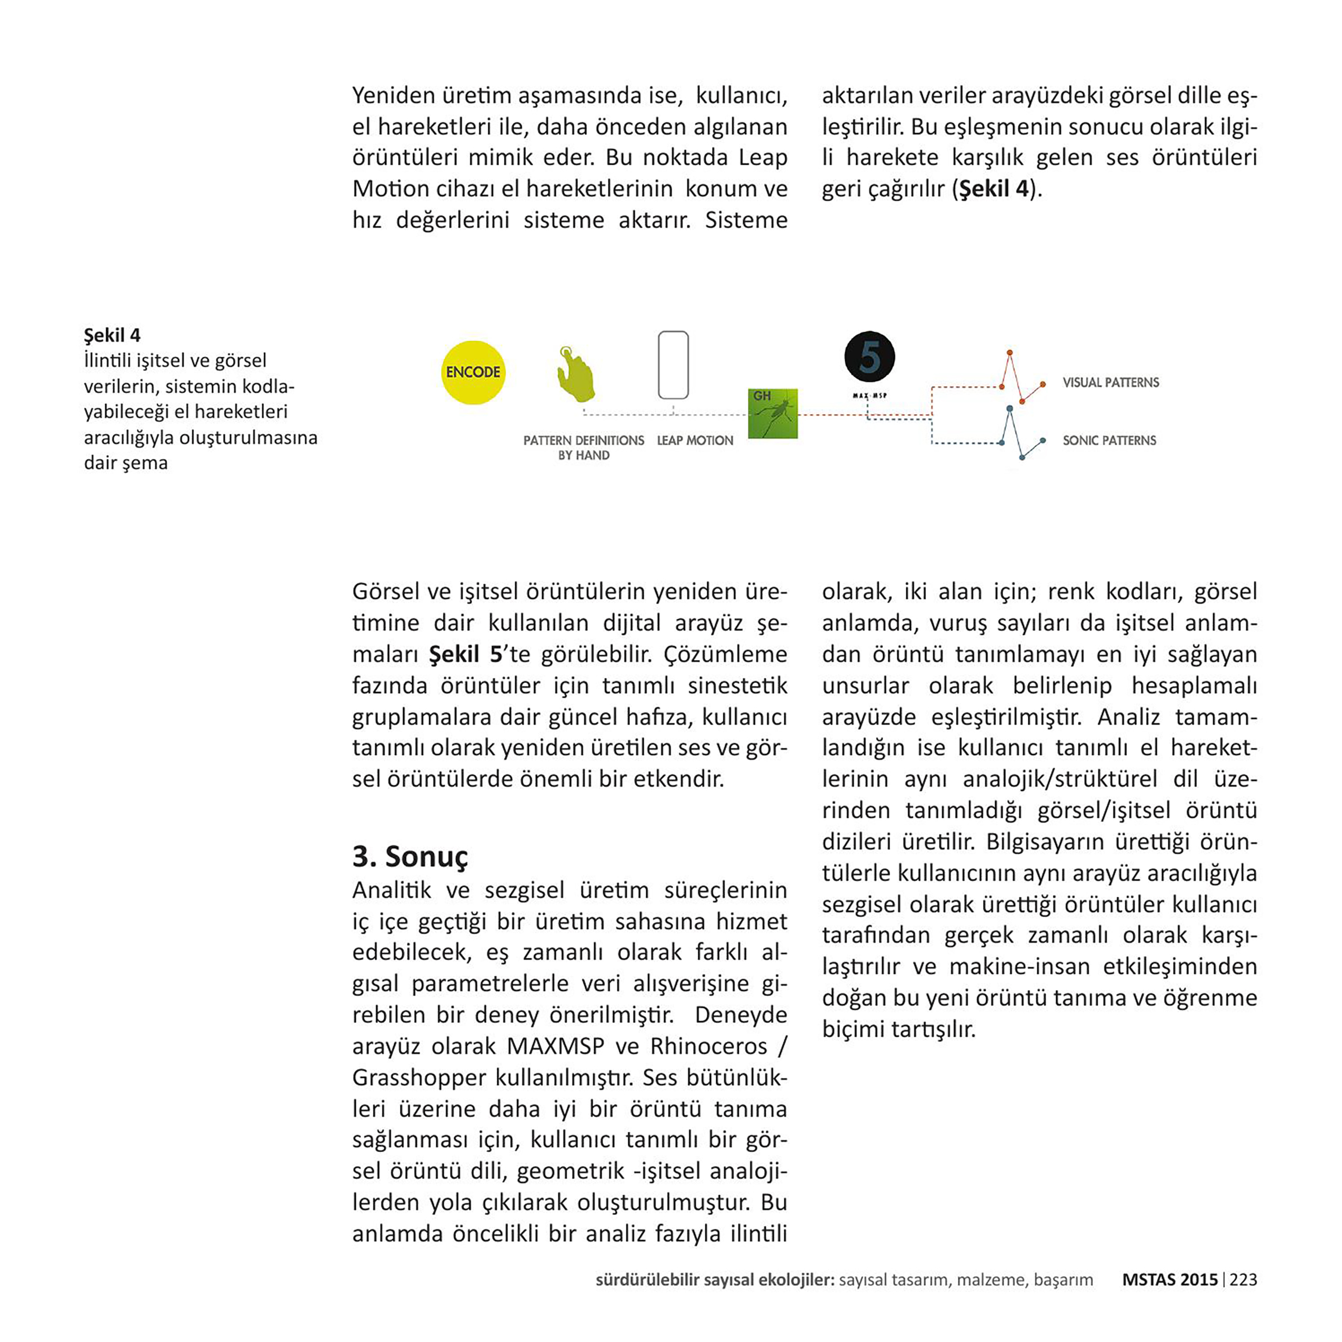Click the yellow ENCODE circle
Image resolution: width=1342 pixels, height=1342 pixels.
pyautogui.click(x=473, y=372)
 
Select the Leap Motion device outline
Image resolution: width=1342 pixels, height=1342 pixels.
pyautogui.click(x=673, y=365)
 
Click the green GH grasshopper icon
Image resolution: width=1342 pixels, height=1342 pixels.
pyautogui.click(x=773, y=413)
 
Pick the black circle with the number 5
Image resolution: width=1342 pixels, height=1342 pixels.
pyautogui.click(x=869, y=357)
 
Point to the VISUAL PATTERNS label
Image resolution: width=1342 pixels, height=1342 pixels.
pyautogui.click(x=1110, y=383)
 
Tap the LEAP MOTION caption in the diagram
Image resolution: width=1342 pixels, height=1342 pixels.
pyautogui.click(x=695, y=440)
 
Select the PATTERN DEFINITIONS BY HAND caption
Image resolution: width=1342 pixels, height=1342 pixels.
pyautogui.click(x=584, y=447)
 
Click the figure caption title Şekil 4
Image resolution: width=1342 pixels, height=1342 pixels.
pyautogui.click(x=112, y=336)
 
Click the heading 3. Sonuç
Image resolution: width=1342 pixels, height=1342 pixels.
pyautogui.click(x=410, y=856)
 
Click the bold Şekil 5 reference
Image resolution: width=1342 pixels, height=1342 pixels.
pyautogui.click(x=465, y=654)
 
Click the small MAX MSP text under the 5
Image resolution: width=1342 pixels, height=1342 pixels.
pyautogui.click(x=869, y=396)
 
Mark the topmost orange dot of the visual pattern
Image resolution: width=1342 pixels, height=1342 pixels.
pyautogui.click(x=1009, y=353)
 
